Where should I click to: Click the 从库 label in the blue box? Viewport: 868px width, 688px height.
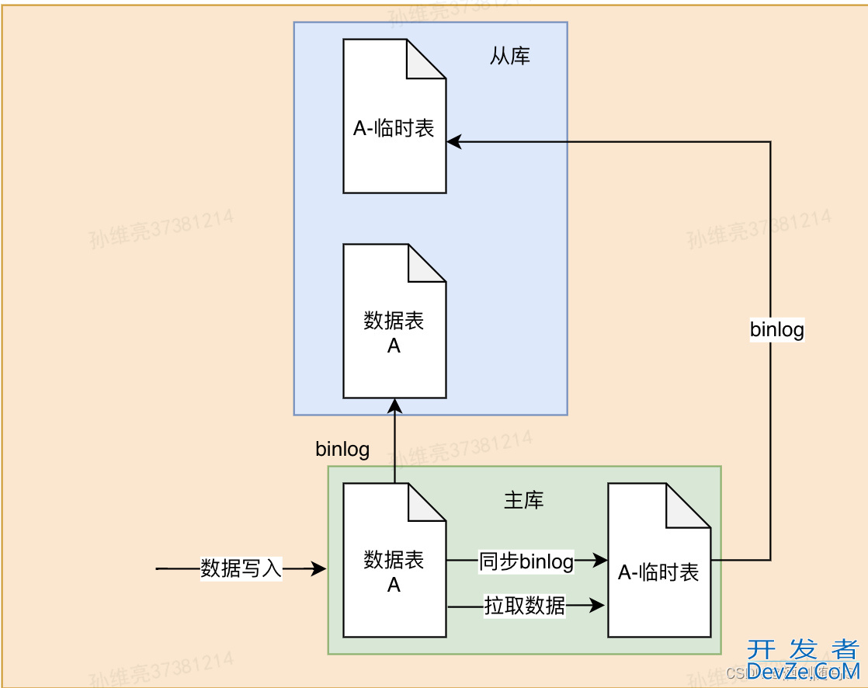(510, 56)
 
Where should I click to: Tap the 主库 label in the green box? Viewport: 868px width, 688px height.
(524, 501)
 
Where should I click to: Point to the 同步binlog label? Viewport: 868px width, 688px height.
(526, 561)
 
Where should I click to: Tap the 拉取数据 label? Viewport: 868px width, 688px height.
(525, 606)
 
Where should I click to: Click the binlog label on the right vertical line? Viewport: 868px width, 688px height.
(776, 329)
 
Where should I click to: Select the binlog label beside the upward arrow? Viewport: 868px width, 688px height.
(342, 449)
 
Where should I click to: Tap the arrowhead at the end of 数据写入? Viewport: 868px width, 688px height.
(319, 569)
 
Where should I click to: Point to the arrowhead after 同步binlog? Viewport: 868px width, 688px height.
(599, 560)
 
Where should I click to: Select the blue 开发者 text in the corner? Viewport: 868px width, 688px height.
(804, 649)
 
